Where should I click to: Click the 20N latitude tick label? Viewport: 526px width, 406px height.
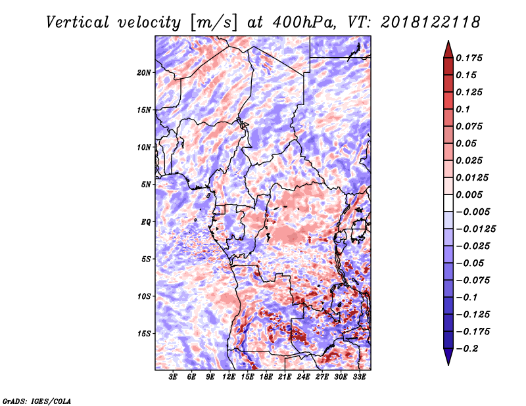coord(144,73)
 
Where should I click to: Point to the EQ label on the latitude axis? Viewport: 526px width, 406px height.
coord(146,222)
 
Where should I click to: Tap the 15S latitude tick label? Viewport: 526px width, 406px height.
coord(144,334)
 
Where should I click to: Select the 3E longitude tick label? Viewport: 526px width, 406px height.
coord(173,377)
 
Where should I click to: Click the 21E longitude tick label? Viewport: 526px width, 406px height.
coord(285,377)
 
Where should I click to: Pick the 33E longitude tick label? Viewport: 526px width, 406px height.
coord(359,377)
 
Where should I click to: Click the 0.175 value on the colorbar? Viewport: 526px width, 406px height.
coord(469,58)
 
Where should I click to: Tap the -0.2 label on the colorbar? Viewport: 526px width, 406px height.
coord(466,349)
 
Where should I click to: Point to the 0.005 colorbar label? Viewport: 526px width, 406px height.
coord(469,194)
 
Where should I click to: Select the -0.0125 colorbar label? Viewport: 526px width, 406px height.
coord(475,229)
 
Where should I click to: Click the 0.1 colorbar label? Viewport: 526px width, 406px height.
coord(463,109)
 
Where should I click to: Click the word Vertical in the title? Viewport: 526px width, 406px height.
coord(78,22)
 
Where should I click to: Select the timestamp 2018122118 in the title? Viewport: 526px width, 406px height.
coord(431,22)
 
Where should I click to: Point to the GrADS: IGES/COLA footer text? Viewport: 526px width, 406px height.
coord(37,401)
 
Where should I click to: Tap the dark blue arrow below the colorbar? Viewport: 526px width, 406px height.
coord(448,356)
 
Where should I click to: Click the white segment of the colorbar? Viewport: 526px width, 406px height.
coord(448,203)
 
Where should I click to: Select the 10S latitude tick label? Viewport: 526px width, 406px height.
coord(144,296)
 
